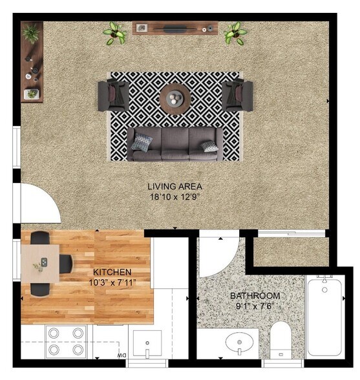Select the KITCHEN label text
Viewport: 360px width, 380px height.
click(112, 272)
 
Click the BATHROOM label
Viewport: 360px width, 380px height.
click(255, 296)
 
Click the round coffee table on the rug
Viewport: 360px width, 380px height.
click(176, 99)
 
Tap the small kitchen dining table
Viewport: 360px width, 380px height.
click(43, 262)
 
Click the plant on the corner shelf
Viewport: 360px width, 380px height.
click(30, 31)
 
